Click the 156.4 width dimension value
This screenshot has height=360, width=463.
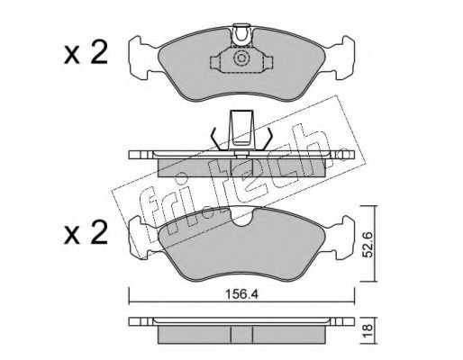point(241,294)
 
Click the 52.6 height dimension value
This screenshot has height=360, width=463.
point(368,245)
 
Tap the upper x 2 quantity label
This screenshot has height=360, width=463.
point(86,54)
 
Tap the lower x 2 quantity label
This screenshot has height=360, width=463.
point(86,233)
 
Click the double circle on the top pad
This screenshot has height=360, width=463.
point(241,58)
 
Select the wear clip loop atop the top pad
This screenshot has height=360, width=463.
point(241,34)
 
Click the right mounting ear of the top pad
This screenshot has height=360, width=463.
point(342,58)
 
